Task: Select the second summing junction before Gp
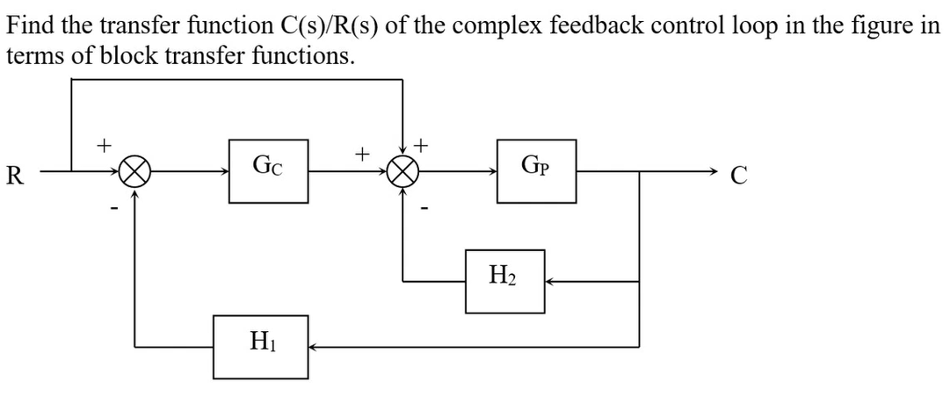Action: point(402,172)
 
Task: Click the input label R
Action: point(14,173)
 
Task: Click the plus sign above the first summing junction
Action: point(105,141)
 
